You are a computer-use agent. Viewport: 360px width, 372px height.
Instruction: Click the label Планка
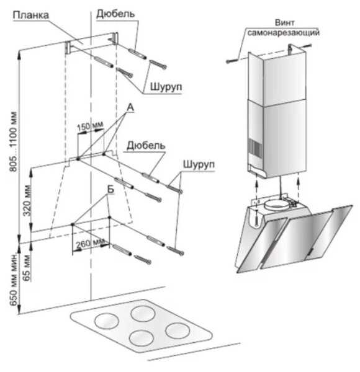click(x=31, y=15)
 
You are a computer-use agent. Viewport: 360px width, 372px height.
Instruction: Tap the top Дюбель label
click(x=115, y=14)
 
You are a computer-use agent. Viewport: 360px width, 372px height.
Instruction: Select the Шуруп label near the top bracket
click(x=166, y=87)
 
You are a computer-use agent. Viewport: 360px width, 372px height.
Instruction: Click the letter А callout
click(x=130, y=107)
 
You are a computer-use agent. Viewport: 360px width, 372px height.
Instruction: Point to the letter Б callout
click(x=110, y=190)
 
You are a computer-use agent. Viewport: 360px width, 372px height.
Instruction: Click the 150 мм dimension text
click(x=90, y=126)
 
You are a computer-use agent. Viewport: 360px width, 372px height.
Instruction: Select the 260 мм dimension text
click(x=90, y=244)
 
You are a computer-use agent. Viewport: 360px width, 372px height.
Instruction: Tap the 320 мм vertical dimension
click(x=27, y=201)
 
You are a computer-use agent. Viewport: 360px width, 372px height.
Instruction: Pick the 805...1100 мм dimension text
click(x=13, y=141)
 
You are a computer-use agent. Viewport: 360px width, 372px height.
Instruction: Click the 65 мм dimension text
click(x=27, y=268)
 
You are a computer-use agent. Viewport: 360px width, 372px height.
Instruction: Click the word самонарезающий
click(x=283, y=32)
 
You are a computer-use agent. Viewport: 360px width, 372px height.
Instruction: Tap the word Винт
click(x=284, y=23)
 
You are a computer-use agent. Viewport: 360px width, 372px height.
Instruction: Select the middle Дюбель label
click(x=146, y=146)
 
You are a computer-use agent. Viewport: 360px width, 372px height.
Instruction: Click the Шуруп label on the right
click(x=199, y=164)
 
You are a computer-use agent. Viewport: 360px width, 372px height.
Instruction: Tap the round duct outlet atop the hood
click(x=276, y=205)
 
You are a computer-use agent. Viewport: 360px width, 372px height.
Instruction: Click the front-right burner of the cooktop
click(x=178, y=330)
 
